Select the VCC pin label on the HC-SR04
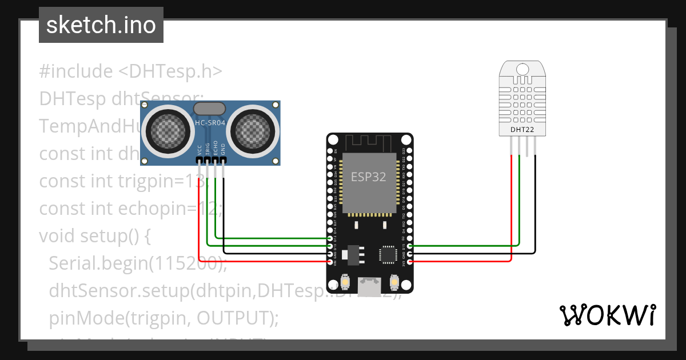[199, 150]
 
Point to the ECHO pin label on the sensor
[216, 149]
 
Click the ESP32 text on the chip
[369, 177]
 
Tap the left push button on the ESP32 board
[345, 282]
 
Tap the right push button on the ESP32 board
[394, 282]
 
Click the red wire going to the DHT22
[510, 217]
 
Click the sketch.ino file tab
[101, 25]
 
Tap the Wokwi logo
[607, 315]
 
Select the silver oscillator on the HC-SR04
[209, 109]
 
